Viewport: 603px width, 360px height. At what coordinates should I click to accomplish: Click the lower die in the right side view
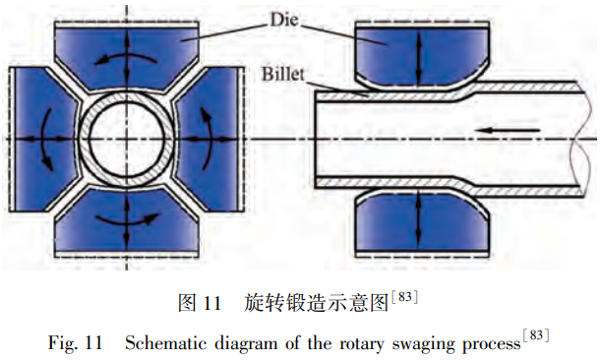(x=419, y=223)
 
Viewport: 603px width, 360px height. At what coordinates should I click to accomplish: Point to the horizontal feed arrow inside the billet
(x=503, y=129)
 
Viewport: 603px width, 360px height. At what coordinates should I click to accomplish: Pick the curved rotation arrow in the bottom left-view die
(x=128, y=217)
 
